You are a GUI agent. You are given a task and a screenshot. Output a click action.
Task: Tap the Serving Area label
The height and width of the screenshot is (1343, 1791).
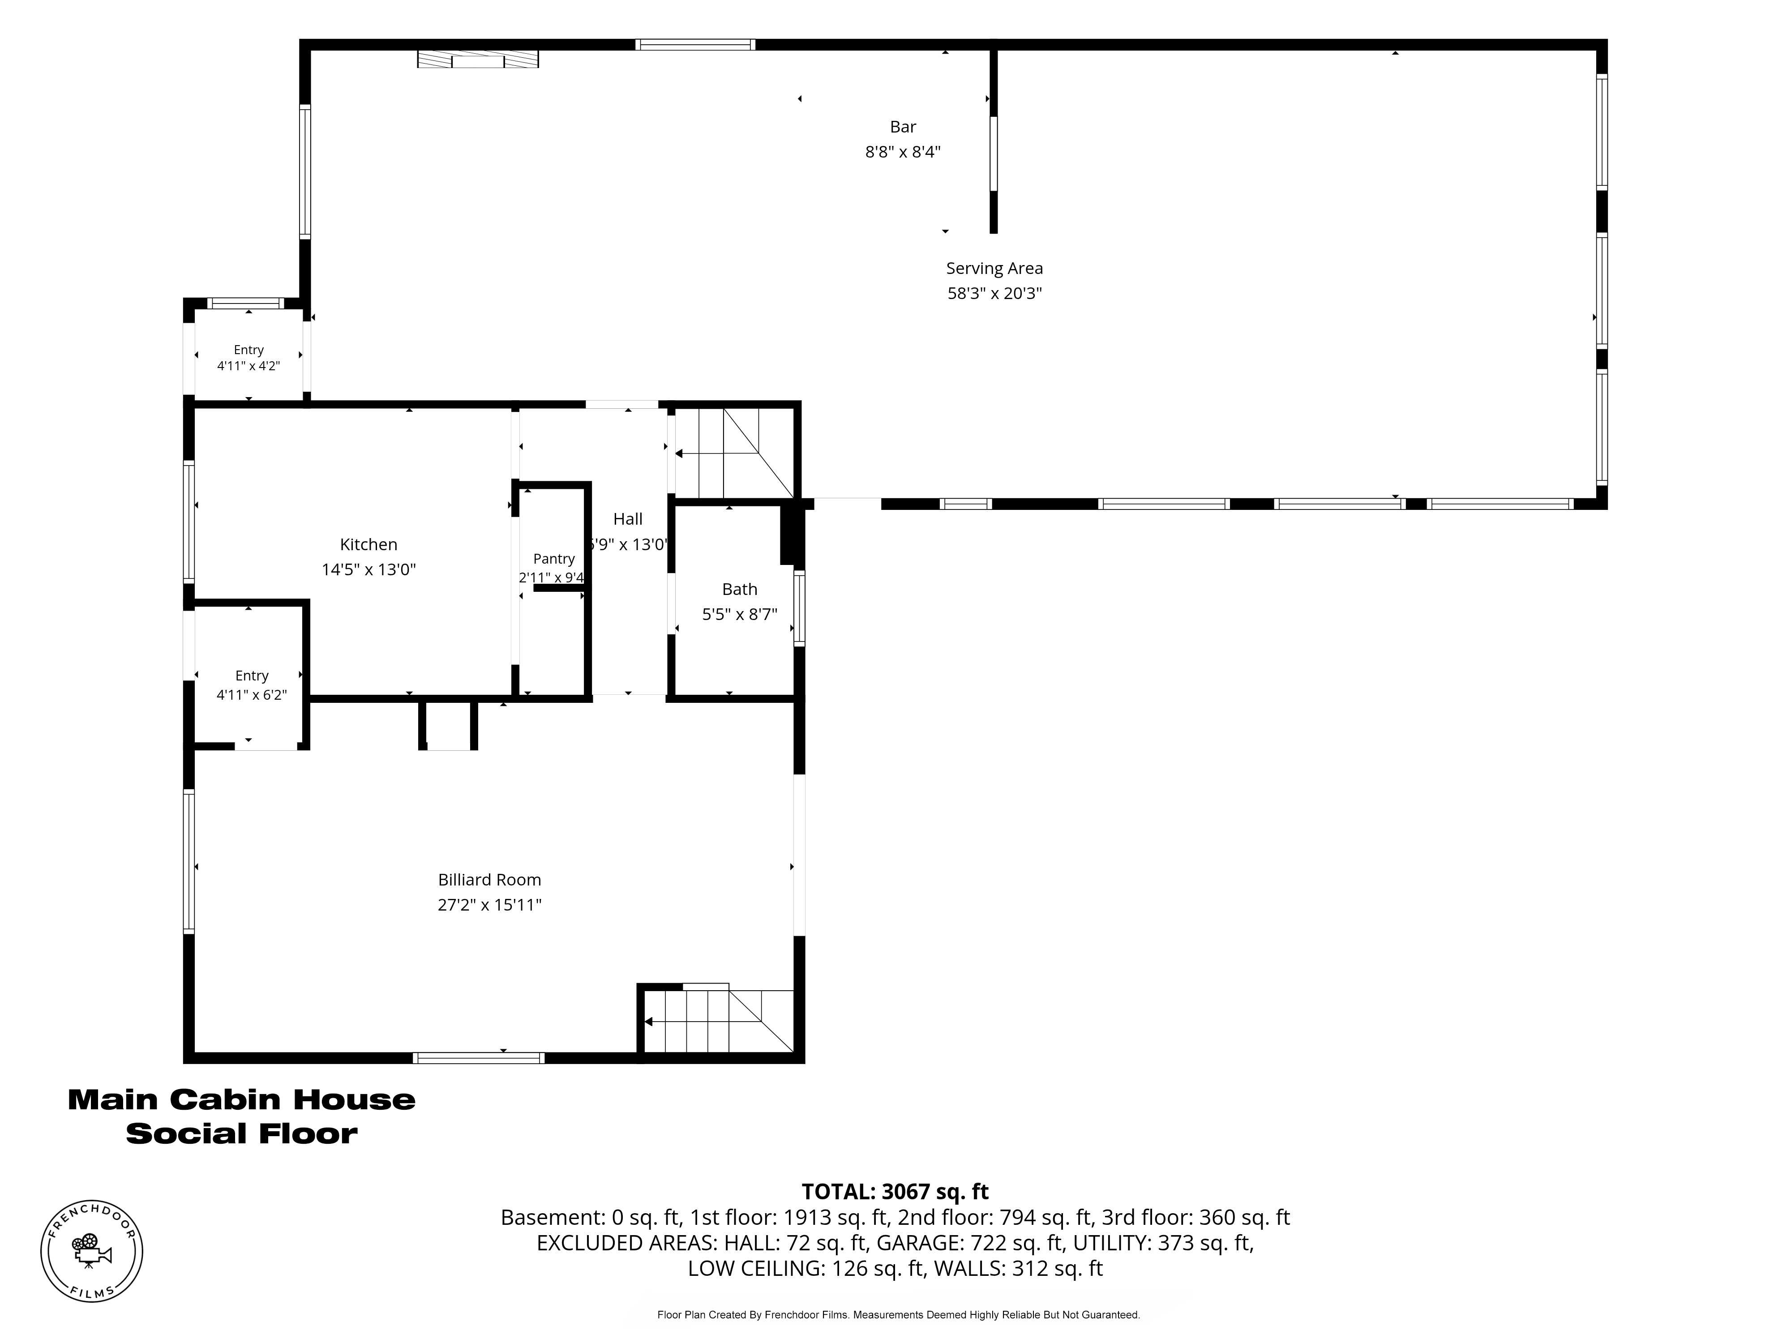coord(994,268)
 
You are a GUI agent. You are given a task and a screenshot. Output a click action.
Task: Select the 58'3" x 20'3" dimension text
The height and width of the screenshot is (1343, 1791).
coord(994,293)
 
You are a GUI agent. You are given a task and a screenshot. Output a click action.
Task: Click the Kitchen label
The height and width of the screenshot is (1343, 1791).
coord(368,545)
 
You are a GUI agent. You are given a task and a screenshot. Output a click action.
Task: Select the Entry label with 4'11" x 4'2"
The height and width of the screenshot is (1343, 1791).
coord(249,350)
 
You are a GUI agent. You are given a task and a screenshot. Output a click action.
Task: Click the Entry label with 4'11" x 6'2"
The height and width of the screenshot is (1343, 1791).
coord(252,676)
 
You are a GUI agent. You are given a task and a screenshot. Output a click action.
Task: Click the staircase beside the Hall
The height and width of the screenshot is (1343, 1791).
coord(734,453)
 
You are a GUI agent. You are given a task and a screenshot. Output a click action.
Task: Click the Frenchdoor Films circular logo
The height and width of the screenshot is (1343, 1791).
coord(91,1251)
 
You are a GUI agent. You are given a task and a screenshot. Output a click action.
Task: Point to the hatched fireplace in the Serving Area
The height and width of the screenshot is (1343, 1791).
coord(478,59)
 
